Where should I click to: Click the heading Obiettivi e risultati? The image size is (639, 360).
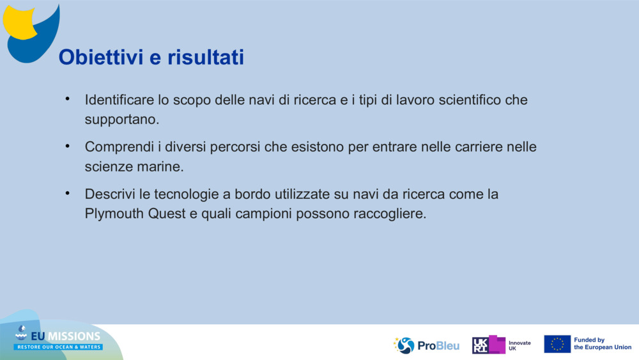(151, 58)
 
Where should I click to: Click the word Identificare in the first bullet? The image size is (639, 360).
(120, 100)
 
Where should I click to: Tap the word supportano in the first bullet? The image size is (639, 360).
(120, 120)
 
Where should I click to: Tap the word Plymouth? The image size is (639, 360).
(114, 214)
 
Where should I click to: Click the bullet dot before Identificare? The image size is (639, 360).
(66, 99)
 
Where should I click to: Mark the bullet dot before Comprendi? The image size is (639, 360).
(66, 146)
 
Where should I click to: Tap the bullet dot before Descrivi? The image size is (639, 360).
(66, 193)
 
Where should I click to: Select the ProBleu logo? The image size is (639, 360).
(426, 345)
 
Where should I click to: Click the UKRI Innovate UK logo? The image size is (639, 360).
(501, 345)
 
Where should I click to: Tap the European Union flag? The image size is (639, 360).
(557, 344)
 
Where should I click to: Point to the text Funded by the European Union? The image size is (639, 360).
(602, 344)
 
